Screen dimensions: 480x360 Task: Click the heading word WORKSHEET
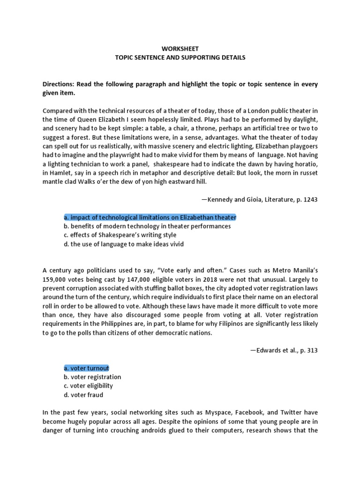point(180,48)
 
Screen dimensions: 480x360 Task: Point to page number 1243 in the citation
point(310,200)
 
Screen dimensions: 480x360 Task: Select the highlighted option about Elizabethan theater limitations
point(150,217)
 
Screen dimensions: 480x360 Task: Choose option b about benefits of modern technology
point(147,226)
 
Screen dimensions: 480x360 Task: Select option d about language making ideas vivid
point(124,244)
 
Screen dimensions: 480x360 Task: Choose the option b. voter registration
point(92,377)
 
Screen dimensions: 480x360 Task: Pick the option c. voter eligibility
point(88,386)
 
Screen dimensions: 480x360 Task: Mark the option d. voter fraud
point(83,395)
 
